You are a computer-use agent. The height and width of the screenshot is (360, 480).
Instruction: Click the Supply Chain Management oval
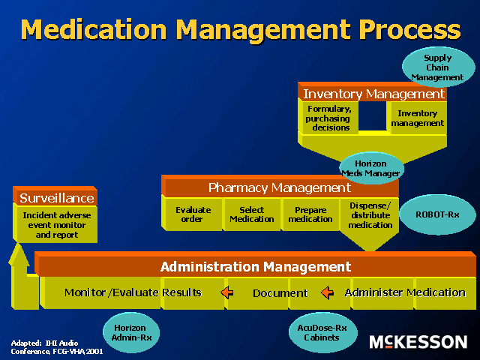(437, 67)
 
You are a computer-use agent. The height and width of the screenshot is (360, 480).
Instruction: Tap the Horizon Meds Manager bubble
(371, 169)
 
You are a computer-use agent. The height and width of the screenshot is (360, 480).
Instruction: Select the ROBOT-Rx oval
(437, 214)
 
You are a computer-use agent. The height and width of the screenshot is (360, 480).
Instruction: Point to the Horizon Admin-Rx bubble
(131, 332)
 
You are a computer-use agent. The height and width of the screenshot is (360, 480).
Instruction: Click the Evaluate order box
(193, 214)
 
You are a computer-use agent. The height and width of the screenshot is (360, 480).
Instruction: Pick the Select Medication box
(251, 214)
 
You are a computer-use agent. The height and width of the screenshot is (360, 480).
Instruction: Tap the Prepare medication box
(310, 214)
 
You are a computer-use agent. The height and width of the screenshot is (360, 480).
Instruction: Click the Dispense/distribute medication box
(370, 215)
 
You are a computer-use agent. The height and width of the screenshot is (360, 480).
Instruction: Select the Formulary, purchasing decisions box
(328, 118)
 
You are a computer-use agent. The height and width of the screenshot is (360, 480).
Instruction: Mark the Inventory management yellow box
(417, 118)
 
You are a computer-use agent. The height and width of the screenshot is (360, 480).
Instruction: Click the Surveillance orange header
(57, 198)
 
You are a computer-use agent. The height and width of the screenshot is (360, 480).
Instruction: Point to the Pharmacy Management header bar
(279, 187)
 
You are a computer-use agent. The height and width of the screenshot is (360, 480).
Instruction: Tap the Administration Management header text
(256, 267)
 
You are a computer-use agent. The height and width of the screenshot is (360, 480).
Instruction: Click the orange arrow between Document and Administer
(327, 292)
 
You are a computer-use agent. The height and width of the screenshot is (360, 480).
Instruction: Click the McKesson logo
(418, 342)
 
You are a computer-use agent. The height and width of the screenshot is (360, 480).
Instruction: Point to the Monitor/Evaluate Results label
(133, 292)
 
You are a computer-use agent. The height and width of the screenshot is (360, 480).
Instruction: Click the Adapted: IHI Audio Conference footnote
(55, 346)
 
